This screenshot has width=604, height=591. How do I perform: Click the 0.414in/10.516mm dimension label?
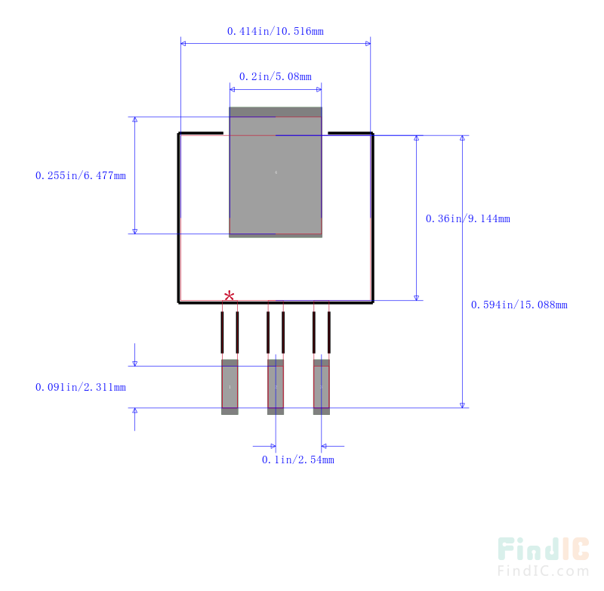click(x=276, y=31)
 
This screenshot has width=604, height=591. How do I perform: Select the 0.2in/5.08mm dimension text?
click(x=276, y=76)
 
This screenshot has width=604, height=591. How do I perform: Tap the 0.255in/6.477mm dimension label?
click(x=81, y=175)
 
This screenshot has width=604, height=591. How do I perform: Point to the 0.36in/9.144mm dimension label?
click(x=467, y=218)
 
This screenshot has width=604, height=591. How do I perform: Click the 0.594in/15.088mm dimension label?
click(x=519, y=305)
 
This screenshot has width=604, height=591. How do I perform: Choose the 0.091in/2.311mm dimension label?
click(x=81, y=387)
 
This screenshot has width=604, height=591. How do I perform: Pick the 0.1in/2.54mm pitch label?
click(x=297, y=459)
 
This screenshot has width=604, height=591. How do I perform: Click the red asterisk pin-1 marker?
click(x=230, y=296)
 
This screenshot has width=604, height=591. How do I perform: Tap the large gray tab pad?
click(x=276, y=172)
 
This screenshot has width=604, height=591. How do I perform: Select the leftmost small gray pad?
click(x=230, y=387)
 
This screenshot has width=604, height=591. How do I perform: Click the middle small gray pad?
click(x=276, y=387)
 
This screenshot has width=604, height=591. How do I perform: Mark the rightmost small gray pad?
click(x=322, y=387)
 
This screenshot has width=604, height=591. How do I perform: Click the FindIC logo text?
click(x=543, y=549)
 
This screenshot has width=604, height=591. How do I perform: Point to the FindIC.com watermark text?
click(x=543, y=571)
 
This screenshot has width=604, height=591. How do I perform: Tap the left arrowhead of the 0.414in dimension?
click(x=183, y=44)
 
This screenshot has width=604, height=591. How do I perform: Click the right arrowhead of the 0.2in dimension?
click(x=319, y=89)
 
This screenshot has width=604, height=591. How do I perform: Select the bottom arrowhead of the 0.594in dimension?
click(x=462, y=405)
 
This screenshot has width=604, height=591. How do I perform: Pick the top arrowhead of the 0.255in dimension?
click(x=135, y=119)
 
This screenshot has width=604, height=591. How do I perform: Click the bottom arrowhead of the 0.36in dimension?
click(x=417, y=298)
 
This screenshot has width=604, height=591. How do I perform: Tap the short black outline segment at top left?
click(x=201, y=133)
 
